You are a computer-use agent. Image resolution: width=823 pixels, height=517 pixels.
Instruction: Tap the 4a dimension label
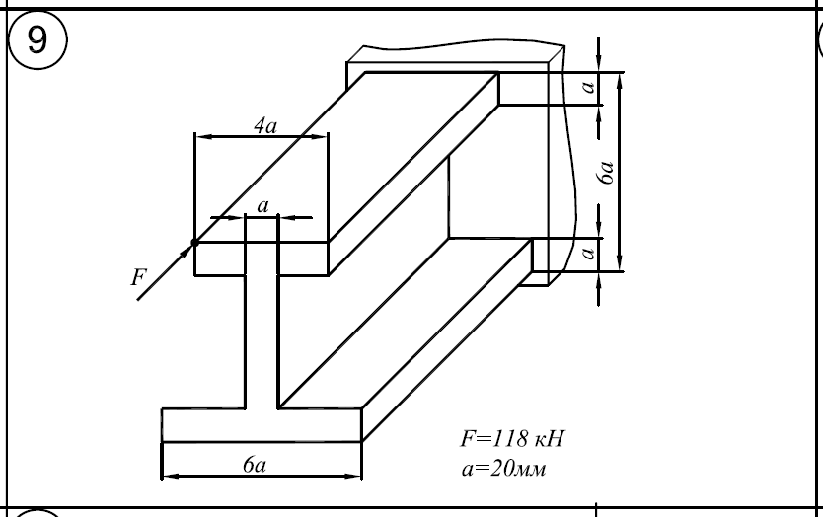coord(263,125)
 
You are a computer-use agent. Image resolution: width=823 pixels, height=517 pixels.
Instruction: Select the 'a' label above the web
coord(262,205)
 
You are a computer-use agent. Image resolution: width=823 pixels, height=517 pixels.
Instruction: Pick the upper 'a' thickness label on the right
coord(589,88)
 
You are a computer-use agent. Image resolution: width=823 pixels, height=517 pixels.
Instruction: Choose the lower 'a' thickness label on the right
coord(589,254)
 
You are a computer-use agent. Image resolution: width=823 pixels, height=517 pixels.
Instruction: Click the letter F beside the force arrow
coord(137,278)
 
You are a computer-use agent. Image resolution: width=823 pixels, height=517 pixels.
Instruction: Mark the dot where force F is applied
coord(194,242)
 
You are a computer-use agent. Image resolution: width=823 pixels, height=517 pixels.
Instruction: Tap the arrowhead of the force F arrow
coord(187,249)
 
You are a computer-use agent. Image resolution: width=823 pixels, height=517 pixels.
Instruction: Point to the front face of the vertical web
coord(262,335)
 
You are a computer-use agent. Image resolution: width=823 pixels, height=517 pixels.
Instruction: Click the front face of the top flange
coord(261,258)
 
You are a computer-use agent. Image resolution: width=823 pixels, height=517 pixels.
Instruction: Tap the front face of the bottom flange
coord(261,424)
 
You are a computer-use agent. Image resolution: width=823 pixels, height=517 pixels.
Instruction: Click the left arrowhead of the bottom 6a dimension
coord(167,475)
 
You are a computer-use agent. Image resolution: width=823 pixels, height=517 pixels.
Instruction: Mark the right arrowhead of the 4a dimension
coord(321,137)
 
